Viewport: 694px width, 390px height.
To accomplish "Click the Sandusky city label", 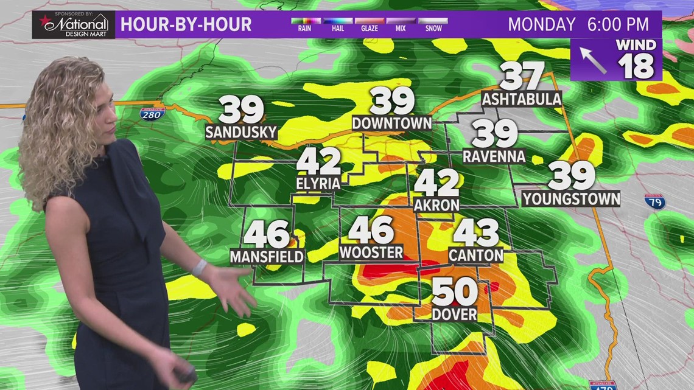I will [x=241, y=132].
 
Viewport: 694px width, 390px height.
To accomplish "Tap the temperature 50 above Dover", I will [x=455, y=293].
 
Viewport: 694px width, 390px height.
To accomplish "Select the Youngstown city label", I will [x=571, y=198].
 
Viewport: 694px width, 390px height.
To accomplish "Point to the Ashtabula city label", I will [x=521, y=99].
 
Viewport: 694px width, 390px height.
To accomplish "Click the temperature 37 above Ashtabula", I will [x=521, y=77].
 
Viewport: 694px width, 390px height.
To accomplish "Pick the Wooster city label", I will [x=371, y=252].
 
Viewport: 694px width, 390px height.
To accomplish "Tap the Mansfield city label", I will [x=267, y=257].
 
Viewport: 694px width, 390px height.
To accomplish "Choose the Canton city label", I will [x=475, y=255].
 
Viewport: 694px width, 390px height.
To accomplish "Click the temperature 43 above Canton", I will [x=475, y=232].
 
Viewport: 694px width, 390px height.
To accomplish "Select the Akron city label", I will [x=436, y=205].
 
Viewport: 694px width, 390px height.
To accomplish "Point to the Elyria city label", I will [x=318, y=182].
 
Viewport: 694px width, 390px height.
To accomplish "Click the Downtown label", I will [x=392, y=123].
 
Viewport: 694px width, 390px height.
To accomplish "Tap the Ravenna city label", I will [x=494, y=156].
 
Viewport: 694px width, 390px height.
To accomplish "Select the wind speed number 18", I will [x=637, y=66].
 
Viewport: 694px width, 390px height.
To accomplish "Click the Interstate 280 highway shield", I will [x=152, y=113].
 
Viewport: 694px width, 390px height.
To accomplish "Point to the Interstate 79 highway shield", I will [x=655, y=201].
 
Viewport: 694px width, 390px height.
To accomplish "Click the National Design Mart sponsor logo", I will [x=74, y=24].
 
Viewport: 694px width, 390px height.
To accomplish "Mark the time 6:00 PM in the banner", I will [x=617, y=24].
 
